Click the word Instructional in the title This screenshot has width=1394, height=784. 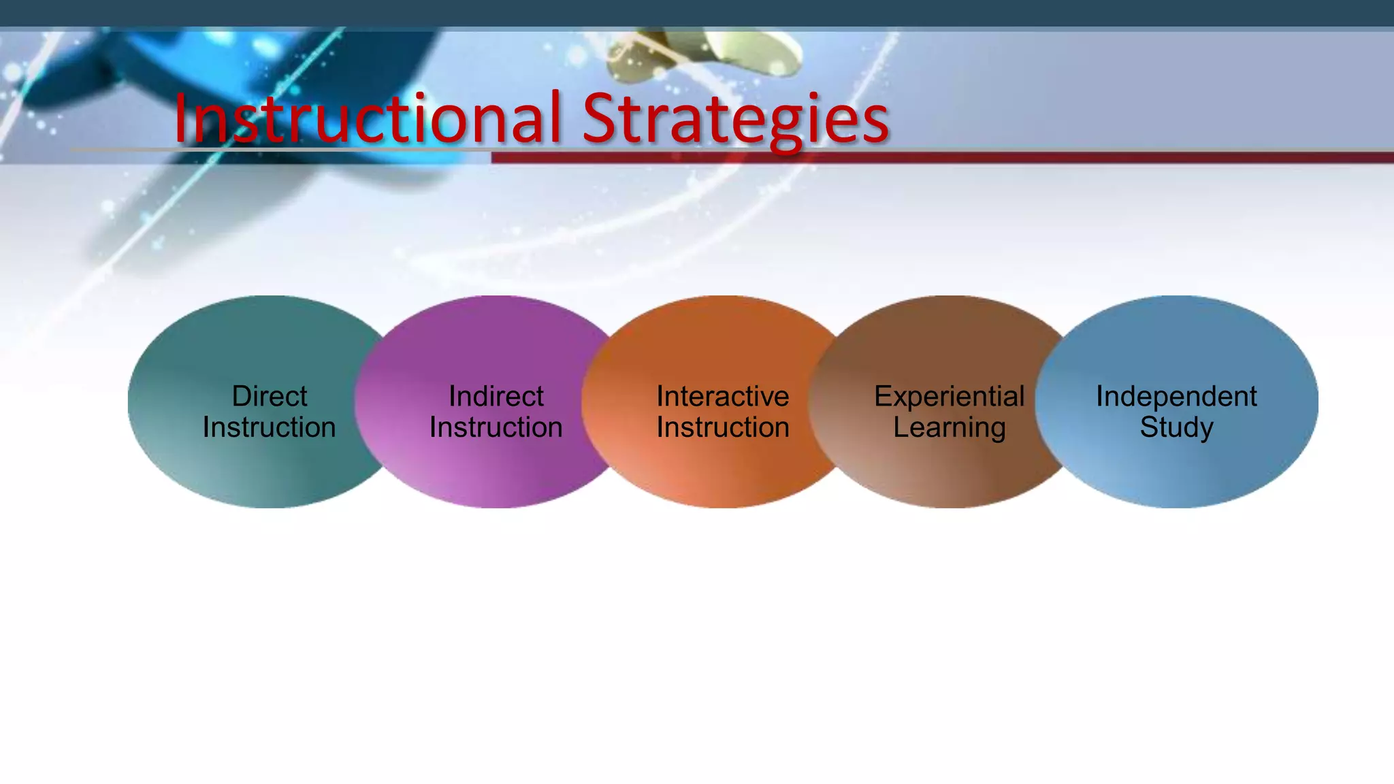368,119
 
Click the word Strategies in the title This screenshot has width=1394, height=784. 735,119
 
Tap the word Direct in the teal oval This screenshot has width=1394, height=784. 270,396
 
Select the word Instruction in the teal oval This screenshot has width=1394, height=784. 270,427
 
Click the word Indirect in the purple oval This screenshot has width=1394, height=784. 496,396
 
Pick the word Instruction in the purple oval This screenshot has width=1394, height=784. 496,427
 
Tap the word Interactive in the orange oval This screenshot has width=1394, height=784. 723,396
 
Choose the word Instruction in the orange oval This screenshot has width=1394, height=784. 723,427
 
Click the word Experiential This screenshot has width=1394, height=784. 950,396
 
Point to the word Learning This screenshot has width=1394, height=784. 950,428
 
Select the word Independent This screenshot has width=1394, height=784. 1176,396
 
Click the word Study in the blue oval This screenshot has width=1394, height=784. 1176,428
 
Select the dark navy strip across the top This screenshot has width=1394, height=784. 697,12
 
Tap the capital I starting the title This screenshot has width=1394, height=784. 181,119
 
